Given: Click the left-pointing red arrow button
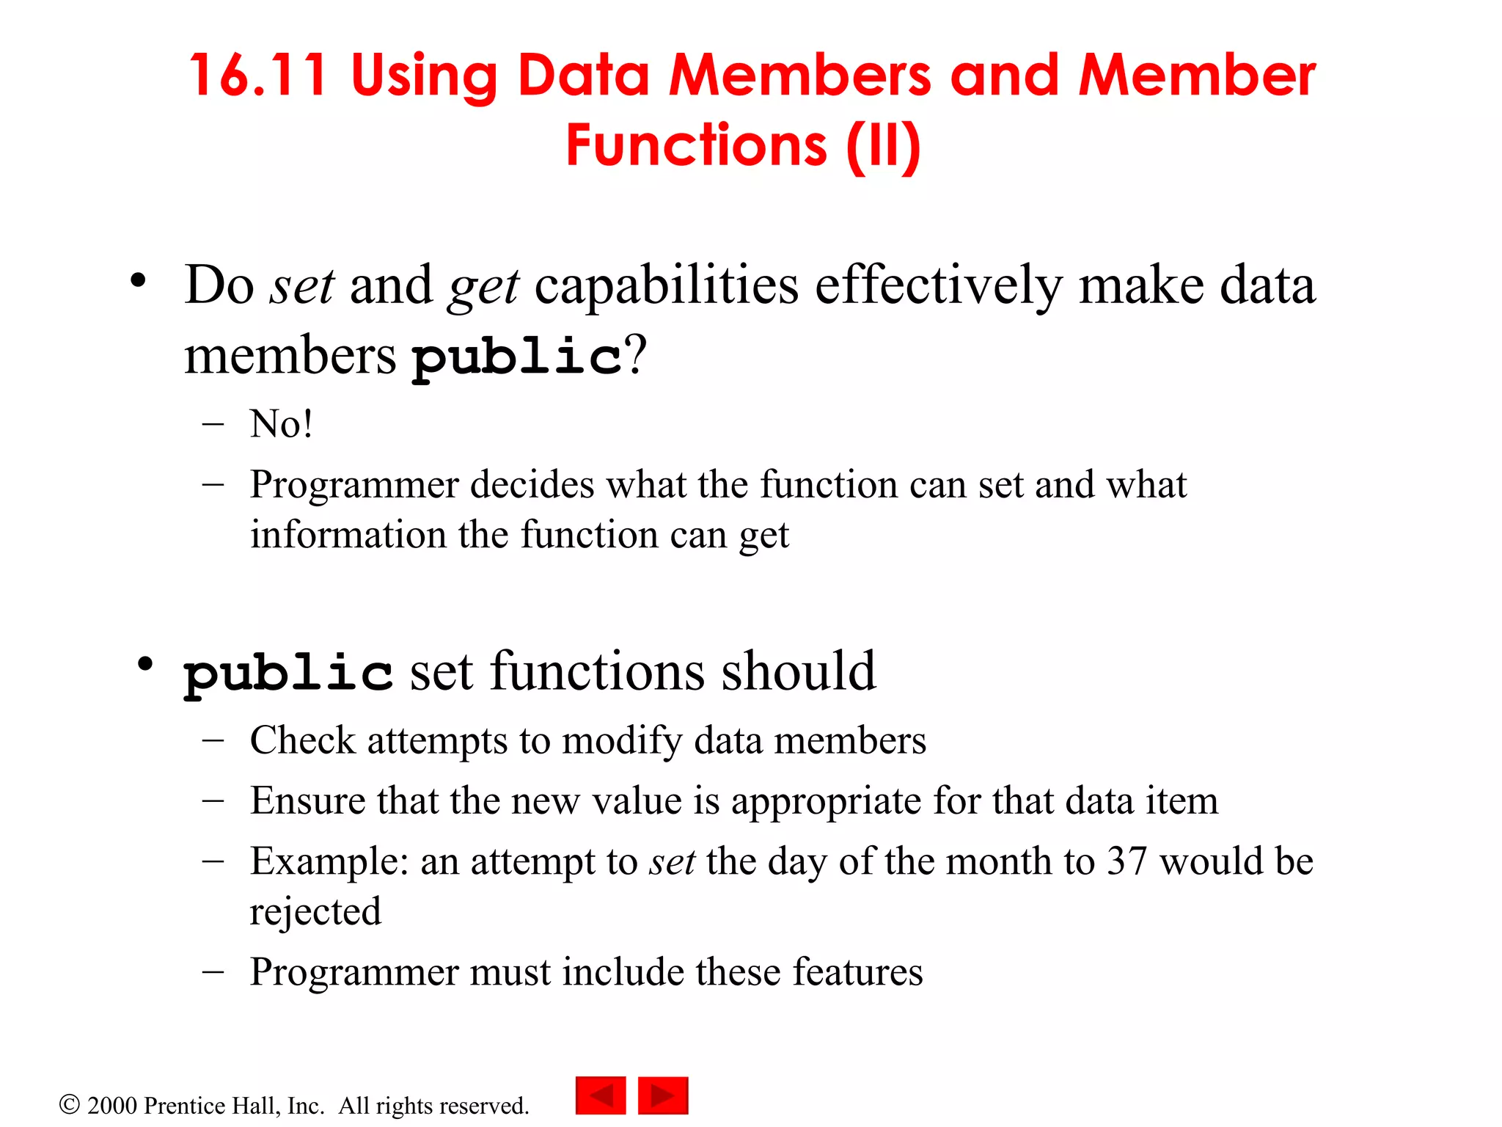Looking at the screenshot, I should (601, 1095).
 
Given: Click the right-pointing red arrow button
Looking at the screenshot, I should (663, 1095).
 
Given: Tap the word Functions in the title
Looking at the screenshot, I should (697, 145).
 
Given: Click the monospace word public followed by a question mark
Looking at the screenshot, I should (516, 357).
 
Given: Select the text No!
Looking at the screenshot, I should (282, 424).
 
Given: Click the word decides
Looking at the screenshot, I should (532, 485).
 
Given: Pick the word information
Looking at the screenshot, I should (348, 534).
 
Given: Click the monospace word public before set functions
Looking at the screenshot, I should (287, 673).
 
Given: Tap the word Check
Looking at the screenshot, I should (302, 740).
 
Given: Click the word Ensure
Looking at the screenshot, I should (307, 800).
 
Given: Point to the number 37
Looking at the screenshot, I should (1126, 861).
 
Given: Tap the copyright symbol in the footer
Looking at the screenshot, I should (69, 1104).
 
